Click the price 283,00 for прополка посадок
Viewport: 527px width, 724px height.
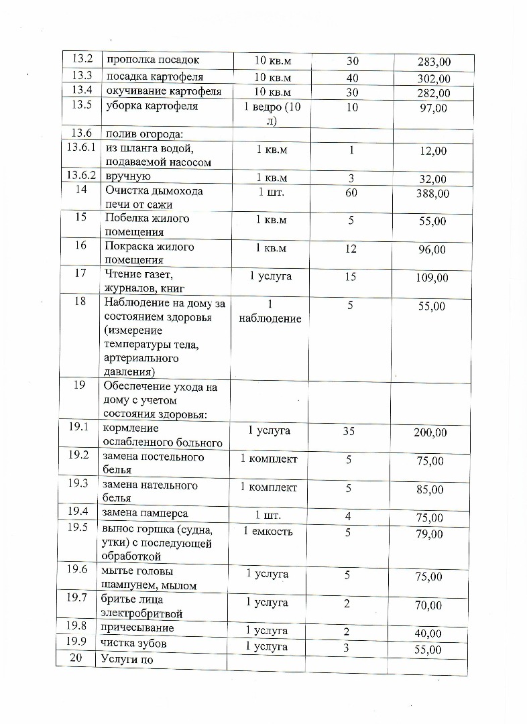pos(434,63)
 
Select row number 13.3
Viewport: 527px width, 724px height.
pos(81,76)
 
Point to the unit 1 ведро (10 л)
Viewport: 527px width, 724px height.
pos(272,114)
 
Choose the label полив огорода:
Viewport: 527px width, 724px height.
pos(138,134)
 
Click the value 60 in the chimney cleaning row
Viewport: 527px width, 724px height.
pos(351,192)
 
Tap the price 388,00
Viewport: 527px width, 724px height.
pos(433,194)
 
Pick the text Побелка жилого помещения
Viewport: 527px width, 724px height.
pos(147,225)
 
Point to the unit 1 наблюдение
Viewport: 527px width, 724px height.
pos(270,312)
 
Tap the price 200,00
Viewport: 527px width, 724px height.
pos(430,433)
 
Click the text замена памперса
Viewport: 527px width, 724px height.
pos(145,514)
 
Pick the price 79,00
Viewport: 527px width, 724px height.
pos(430,534)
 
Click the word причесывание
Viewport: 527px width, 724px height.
pos(137,628)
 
